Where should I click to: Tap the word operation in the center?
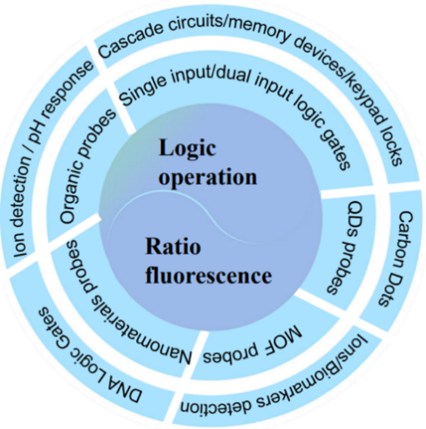207,178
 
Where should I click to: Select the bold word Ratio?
173,246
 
